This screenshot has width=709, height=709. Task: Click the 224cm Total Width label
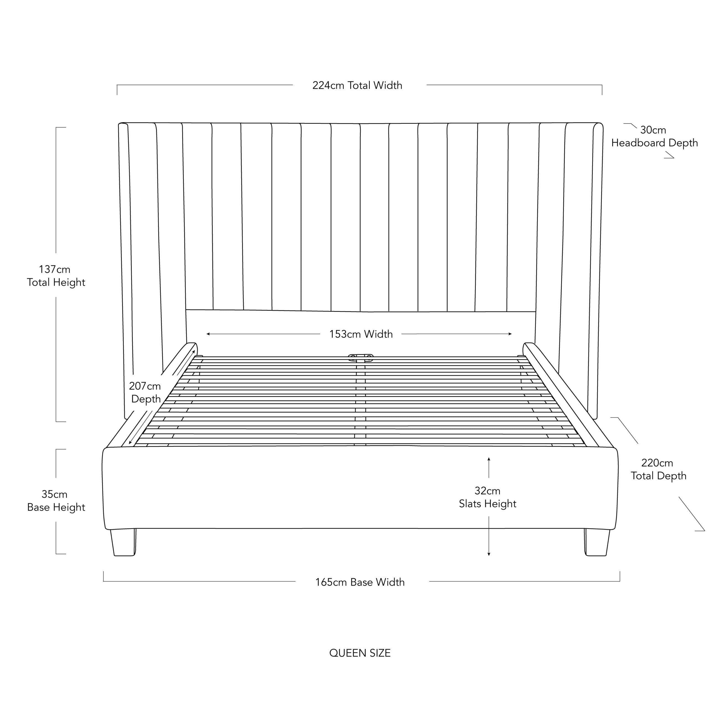pyautogui.click(x=357, y=86)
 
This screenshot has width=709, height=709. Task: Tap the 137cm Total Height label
pyautogui.click(x=56, y=276)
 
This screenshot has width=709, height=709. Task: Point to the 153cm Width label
pyautogui.click(x=361, y=334)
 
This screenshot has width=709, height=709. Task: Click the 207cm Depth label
pyautogui.click(x=145, y=392)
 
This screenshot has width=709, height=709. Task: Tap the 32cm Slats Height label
pyautogui.click(x=487, y=497)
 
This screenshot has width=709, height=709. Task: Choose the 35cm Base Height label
pyautogui.click(x=56, y=500)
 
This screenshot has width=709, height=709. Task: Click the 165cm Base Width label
pyautogui.click(x=360, y=582)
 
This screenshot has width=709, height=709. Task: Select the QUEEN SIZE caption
pyautogui.click(x=360, y=653)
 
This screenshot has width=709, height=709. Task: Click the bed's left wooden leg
pyautogui.click(x=124, y=542)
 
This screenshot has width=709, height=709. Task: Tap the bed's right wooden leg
pyautogui.click(x=596, y=542)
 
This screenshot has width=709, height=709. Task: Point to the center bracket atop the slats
pyautogui.click(x=361, y=358)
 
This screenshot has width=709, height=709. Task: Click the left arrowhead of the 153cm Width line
pyautogui.click(x=208, y=334)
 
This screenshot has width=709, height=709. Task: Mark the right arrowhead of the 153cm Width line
pyautogui.click(x=510, y=334)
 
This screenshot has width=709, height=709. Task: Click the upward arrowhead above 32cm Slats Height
pyautogui.click(x=489, y=459)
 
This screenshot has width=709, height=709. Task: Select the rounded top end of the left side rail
pyautogui.click(x=192, y=346)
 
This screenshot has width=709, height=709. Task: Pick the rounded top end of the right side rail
pyautogui.click(x=529, y=346)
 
